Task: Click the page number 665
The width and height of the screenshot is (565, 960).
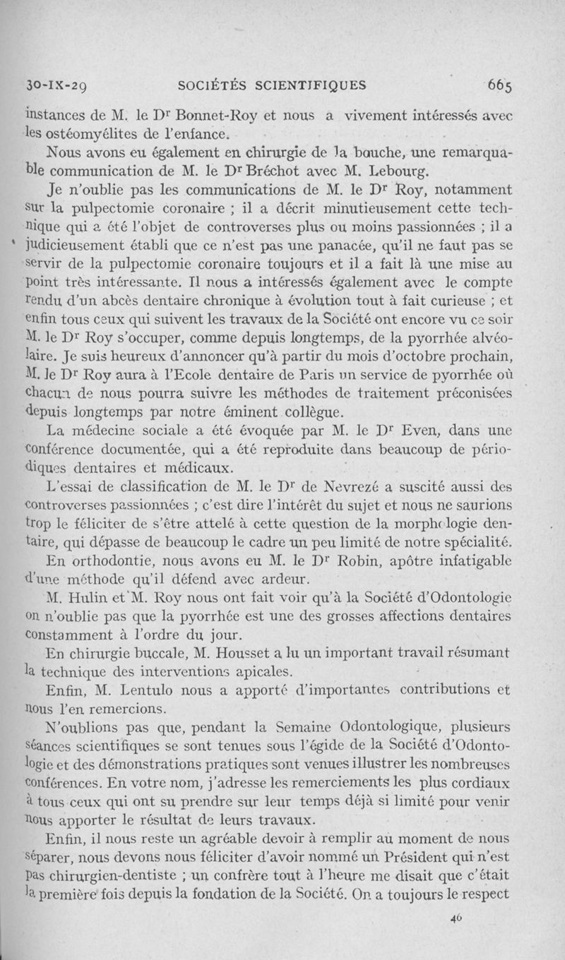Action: [x=499, y=85]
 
